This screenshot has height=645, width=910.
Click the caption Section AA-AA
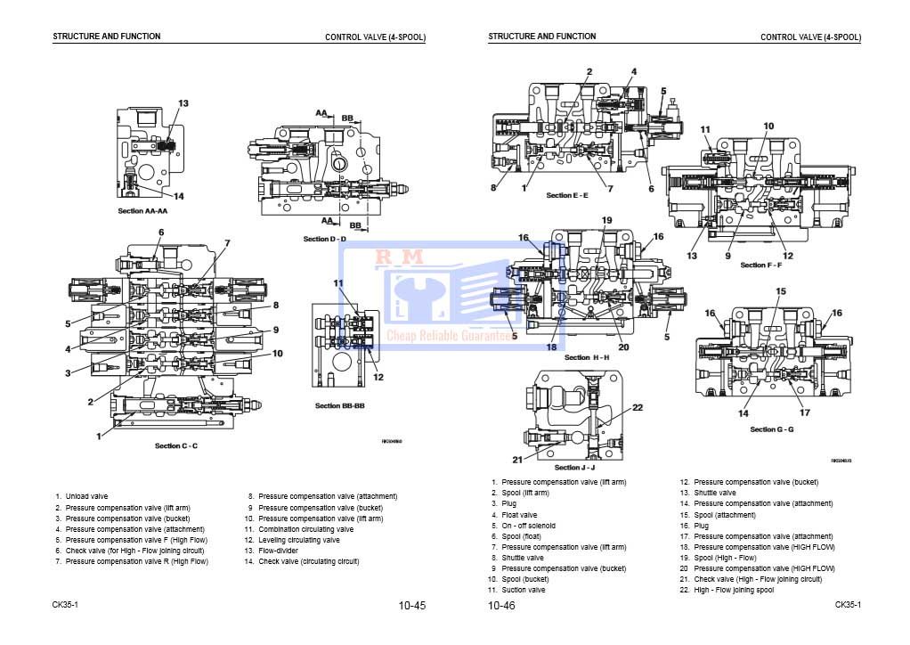point(142,211)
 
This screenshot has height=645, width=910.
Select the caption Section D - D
point(324,239)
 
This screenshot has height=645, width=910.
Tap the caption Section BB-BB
point(339,405)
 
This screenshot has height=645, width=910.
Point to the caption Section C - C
point(176,445)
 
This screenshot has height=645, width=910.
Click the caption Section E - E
point(567,195)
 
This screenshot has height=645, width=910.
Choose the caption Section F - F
point(760,265)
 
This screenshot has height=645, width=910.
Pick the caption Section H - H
point(587,357)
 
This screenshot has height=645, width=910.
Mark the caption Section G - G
point(771,429)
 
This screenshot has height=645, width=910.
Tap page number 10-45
point(412,606)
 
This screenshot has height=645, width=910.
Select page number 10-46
point(501,606)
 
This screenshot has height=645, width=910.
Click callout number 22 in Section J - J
point(638,407)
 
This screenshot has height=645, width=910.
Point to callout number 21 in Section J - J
point(517,460)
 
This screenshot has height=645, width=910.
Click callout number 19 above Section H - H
point(606,220)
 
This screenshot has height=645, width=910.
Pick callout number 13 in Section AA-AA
point(183,103)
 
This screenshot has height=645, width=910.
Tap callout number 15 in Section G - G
point(781,291)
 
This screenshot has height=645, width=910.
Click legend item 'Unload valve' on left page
point(86,496)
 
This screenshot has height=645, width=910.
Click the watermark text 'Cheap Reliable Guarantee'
point(451,336)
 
